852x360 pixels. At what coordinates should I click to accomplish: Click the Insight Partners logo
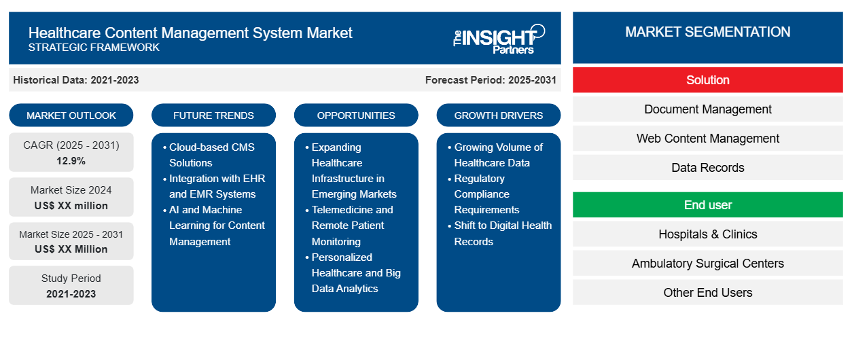(x=499, y=38)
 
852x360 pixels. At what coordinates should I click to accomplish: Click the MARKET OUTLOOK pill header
(x=71, y=115)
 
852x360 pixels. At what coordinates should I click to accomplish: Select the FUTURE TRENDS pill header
(x=213, y=115)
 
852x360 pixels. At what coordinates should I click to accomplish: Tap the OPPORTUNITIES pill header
(x=356, y=115)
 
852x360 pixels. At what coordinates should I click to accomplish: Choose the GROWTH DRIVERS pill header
(x=499, y=115)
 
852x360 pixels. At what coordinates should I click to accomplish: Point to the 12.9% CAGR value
(x=71, y=161)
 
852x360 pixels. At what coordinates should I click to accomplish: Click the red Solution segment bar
(x=707, y=80)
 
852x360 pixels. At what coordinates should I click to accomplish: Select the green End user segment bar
(x=707, y=205)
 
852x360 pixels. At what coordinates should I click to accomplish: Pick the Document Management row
(x=707, y=109)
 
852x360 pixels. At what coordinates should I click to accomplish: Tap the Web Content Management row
(x=707, y=139)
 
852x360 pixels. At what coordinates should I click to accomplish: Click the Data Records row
(x=707, y=168)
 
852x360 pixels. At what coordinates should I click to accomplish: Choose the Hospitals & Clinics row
(x=707, y=234)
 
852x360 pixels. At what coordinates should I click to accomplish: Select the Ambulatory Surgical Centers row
(x=707, y=264)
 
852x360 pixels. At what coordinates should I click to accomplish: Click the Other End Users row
(x=707, y=293)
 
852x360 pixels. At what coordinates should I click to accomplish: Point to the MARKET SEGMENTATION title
(x=707, y=32)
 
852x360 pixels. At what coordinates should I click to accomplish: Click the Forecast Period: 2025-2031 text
(x=491, y=80)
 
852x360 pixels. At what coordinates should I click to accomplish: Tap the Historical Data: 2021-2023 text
(x=76, y=80)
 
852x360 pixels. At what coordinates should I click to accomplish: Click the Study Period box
(x=71, y=285)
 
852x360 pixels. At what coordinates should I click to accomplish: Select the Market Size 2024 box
(x=71, y=198)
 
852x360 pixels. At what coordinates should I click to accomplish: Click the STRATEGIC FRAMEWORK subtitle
(x=94, y=48)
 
